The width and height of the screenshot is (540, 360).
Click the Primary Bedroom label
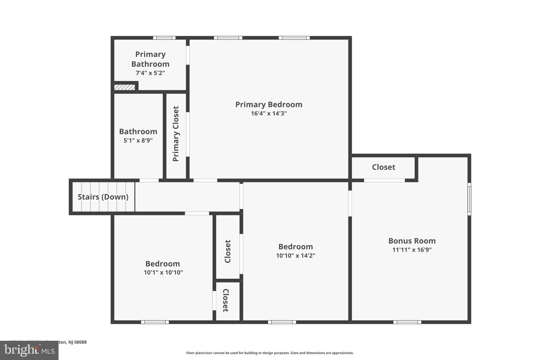coord(268,104)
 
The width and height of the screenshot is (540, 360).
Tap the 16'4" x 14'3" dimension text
coord(268,113)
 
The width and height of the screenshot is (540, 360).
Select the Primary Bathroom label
coord(150,59)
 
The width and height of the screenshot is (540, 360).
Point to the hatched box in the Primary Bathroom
coord(124,87)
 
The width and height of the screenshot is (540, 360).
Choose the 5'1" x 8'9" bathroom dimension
coord(138,140)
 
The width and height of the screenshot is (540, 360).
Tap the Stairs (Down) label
coord(103,197)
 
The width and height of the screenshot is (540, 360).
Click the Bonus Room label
coord(412,241)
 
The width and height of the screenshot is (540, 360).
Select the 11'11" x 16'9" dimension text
coord(412,250)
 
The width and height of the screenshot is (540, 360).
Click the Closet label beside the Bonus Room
coord(383,167)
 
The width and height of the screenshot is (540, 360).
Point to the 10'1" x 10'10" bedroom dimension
coord(163,272)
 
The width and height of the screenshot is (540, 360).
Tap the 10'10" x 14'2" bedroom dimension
coord(295,256)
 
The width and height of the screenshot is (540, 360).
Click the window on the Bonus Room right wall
coord(469,199)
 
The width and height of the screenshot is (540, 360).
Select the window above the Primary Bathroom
coord(164,38)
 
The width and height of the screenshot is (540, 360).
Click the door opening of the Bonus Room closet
coord(384,180)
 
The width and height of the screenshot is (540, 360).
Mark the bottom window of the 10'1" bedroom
coord(155,322)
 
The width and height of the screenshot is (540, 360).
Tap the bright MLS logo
coord(29,350)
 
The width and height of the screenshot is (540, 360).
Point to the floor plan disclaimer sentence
coord(270,353)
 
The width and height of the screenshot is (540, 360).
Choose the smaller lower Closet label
coord(226,300)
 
